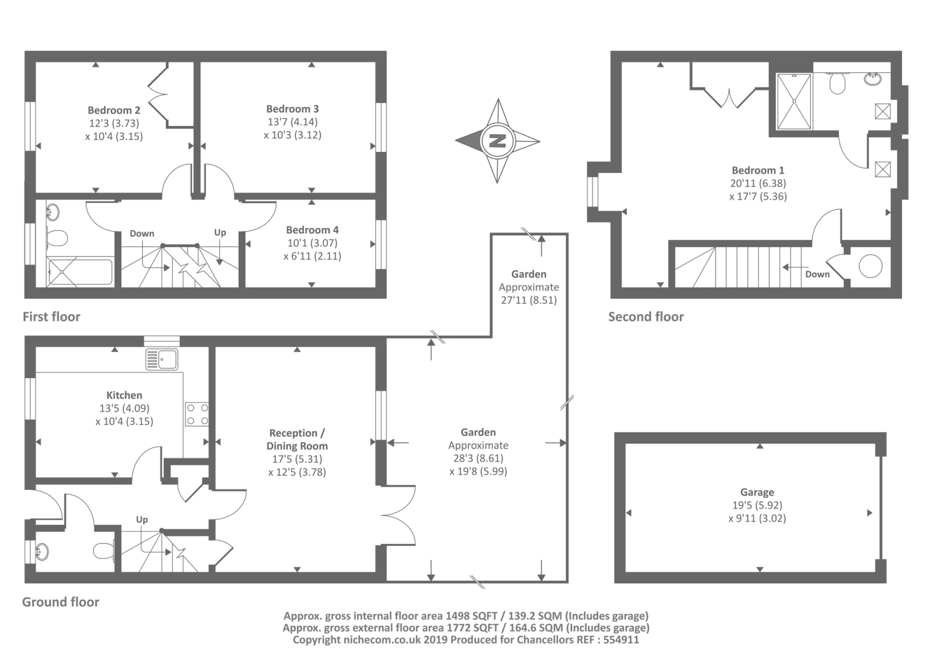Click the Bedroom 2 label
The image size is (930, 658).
pyautogui.click(x=114, y=110)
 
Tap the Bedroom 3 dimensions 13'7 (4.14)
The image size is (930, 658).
pyautogui.click(x=292, y=122)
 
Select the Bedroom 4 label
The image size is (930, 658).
pyautogui.click(x=312, y=230)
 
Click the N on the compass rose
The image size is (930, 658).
pyautogui.click(x=498, y=141)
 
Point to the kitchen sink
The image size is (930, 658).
pyautogui.click(x=162, y=360)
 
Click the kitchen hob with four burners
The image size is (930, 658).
pyautogui.click(x=197, y=414)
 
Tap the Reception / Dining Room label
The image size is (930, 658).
pyautogui.click(x=297, y=439)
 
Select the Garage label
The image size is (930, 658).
pyautogui.click(x=757, y=492)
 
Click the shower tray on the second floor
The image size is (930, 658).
pyautogui.click(x=795, y=101)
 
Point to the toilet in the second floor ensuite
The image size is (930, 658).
pyautogui.click(x=838, y=84)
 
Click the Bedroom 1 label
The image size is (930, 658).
pyautogui.click(x=758, y=170)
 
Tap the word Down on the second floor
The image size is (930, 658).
pyautogui.click(x=817, y=274)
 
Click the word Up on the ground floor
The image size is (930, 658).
pyautogui.click(x=142, y=520)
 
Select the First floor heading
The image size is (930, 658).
pyautogui.click(x=51, y=316)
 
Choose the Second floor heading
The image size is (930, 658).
pyautogui.click(x=646, y=316)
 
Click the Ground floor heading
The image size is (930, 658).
pyautogui.click(x=60, y=602)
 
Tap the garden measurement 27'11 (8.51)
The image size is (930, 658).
pyautogui.click(x=528, y=300)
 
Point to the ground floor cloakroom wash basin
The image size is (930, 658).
pyautogui.click(x=42, y=550)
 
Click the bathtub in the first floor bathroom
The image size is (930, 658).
pyautogui.click(x=80, y=272)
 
